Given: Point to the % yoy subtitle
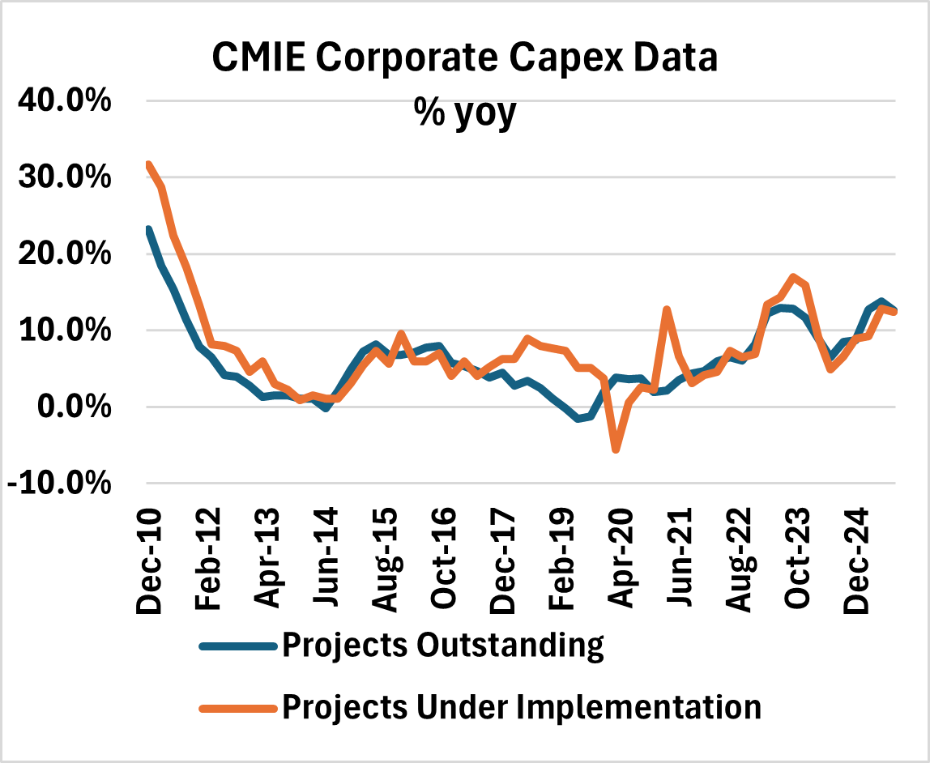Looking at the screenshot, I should (465, 113).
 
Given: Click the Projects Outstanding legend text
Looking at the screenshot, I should (442, 646).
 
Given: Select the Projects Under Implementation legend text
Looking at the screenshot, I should (521, 706).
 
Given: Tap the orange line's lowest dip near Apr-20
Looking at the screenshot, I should (616, 450).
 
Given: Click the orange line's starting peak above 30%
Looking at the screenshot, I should (148, 165).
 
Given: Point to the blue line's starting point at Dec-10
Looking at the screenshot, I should (148, 230).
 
